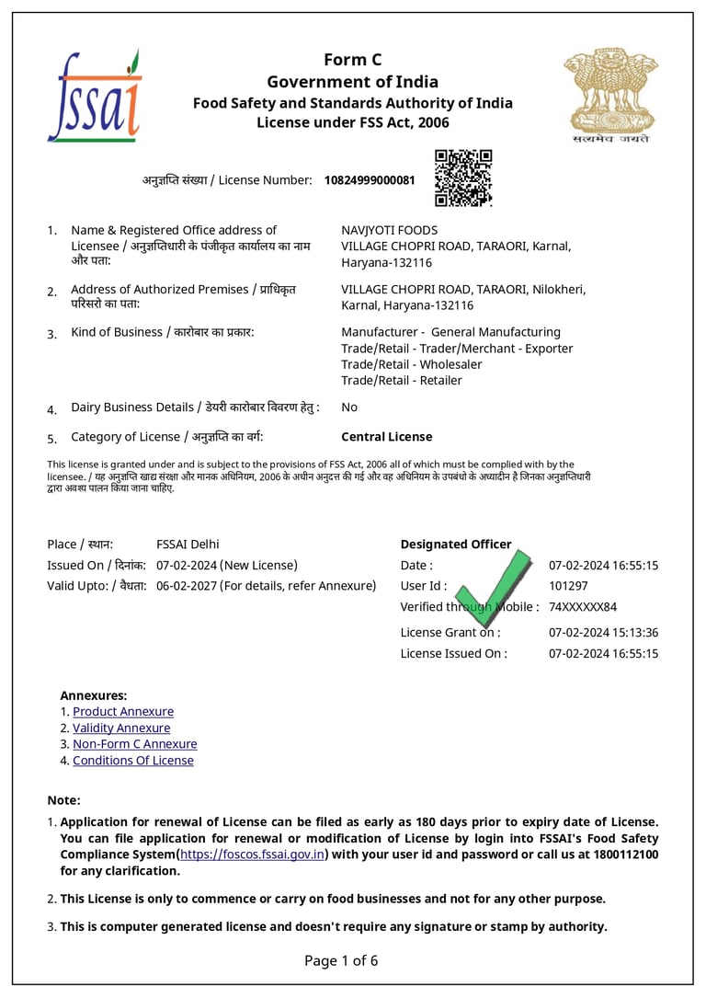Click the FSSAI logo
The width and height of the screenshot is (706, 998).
click(x=94, y=96)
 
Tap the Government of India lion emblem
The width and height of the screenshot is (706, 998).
click(x=606, y=94)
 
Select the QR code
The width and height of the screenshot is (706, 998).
click(x=463, y=178)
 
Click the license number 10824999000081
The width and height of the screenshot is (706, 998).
click(x=369, y=180)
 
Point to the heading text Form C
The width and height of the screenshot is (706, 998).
click(x=352, y=61)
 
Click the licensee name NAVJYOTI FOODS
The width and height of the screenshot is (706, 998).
click(x=389, y=230)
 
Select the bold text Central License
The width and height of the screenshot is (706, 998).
click(x=386, y=437)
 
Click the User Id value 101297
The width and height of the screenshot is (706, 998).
click(x=568, y=586)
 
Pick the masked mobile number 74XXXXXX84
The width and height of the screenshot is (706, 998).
click(x=582, y=607)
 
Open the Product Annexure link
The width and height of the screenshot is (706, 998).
click(x=123, y=712)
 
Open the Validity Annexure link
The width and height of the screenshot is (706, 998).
click(x=121, y=728)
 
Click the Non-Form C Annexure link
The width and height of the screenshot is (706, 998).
click(x=135, y=744)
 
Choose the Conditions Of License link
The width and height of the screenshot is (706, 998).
click(x=133, y=761)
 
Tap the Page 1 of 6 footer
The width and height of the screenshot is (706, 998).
click(x=341, y=961)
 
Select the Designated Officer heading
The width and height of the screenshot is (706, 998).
click(x=456, y=545)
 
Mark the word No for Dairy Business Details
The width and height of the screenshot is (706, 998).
click(x=349, y=407)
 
